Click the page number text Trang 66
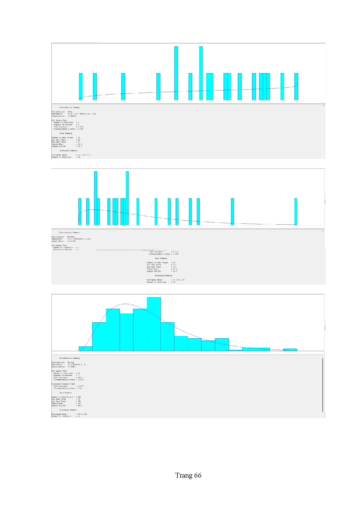[x=188, y=475]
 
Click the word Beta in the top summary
[x=70, y=112]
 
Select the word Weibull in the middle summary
[x=71, y=237]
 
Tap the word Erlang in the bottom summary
[x=71, y=362]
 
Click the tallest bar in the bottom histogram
[x=154, y=324]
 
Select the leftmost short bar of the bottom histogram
[x=85, y=349]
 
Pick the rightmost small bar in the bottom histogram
[x=290, y=350]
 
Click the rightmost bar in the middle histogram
[x=296, y=212]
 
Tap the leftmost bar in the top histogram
[x=81, y=86]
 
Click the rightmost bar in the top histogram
[x=296, y=86]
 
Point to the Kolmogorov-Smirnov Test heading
[x=63, y=384]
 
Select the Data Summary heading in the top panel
[x=66, y=133]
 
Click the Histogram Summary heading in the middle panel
[x=163, y=275]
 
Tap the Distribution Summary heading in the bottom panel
[x=70, y=358]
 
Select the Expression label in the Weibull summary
[x=57, y=239]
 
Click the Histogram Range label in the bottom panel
[x=59, y=414]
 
